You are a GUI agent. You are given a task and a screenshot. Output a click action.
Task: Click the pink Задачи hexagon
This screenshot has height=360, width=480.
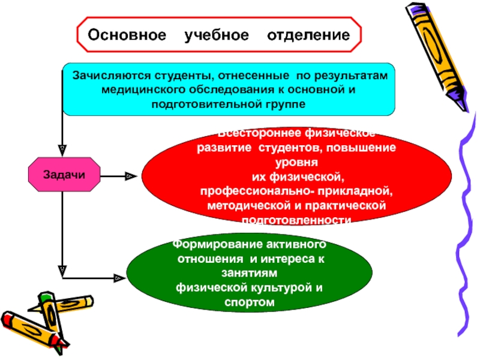click(x=64, y=174)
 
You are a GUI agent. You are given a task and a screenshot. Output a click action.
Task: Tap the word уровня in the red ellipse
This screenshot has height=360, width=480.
click(x=297, y=162)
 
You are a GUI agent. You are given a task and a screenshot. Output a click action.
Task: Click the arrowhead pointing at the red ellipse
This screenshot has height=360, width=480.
click(x=128, y=176)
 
